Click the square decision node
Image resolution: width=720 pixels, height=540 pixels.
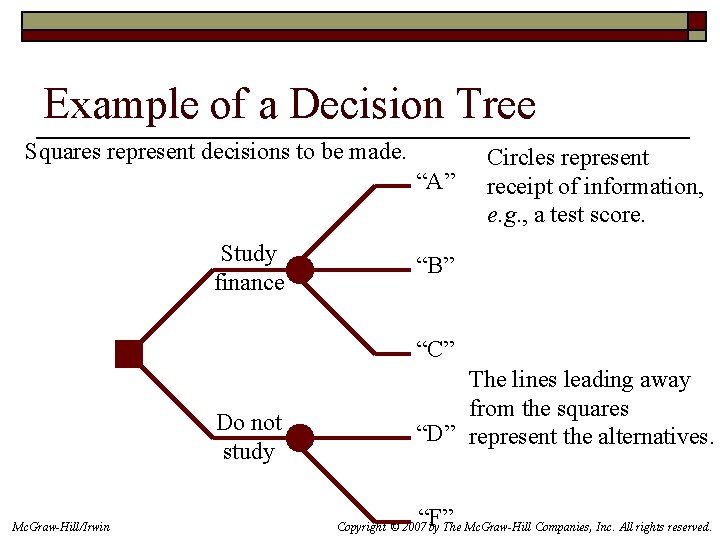click(129, 354)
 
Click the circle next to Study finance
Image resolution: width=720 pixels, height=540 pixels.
click(299, 270)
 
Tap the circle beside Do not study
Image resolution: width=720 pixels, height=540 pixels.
click(299, 438)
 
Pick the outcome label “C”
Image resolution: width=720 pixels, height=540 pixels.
click(435, 349)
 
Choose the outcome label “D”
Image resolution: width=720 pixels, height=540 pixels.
click(435, 433)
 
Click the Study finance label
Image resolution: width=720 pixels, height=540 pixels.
click(249, 268)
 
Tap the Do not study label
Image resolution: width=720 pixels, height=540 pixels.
click(249, 437)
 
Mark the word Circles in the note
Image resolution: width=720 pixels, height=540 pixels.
click(519, 158)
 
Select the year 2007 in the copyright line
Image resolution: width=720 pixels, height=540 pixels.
click(411, 526)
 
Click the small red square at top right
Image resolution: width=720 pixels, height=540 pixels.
click(697, 21)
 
